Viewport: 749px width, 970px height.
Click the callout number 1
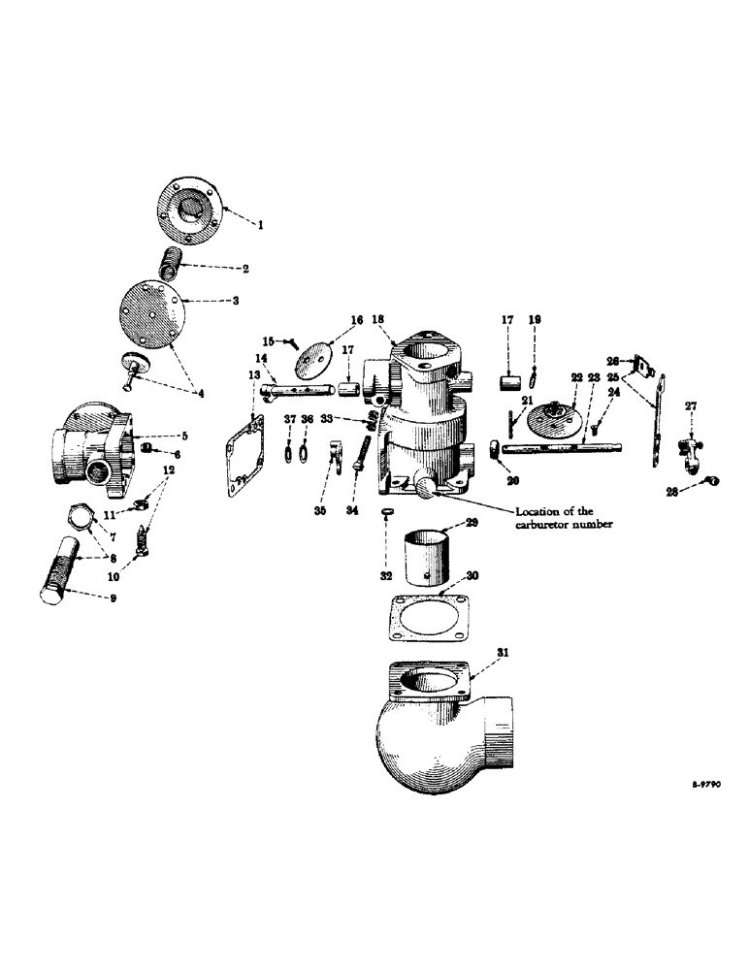260,224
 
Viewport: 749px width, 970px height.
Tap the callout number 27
690,407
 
